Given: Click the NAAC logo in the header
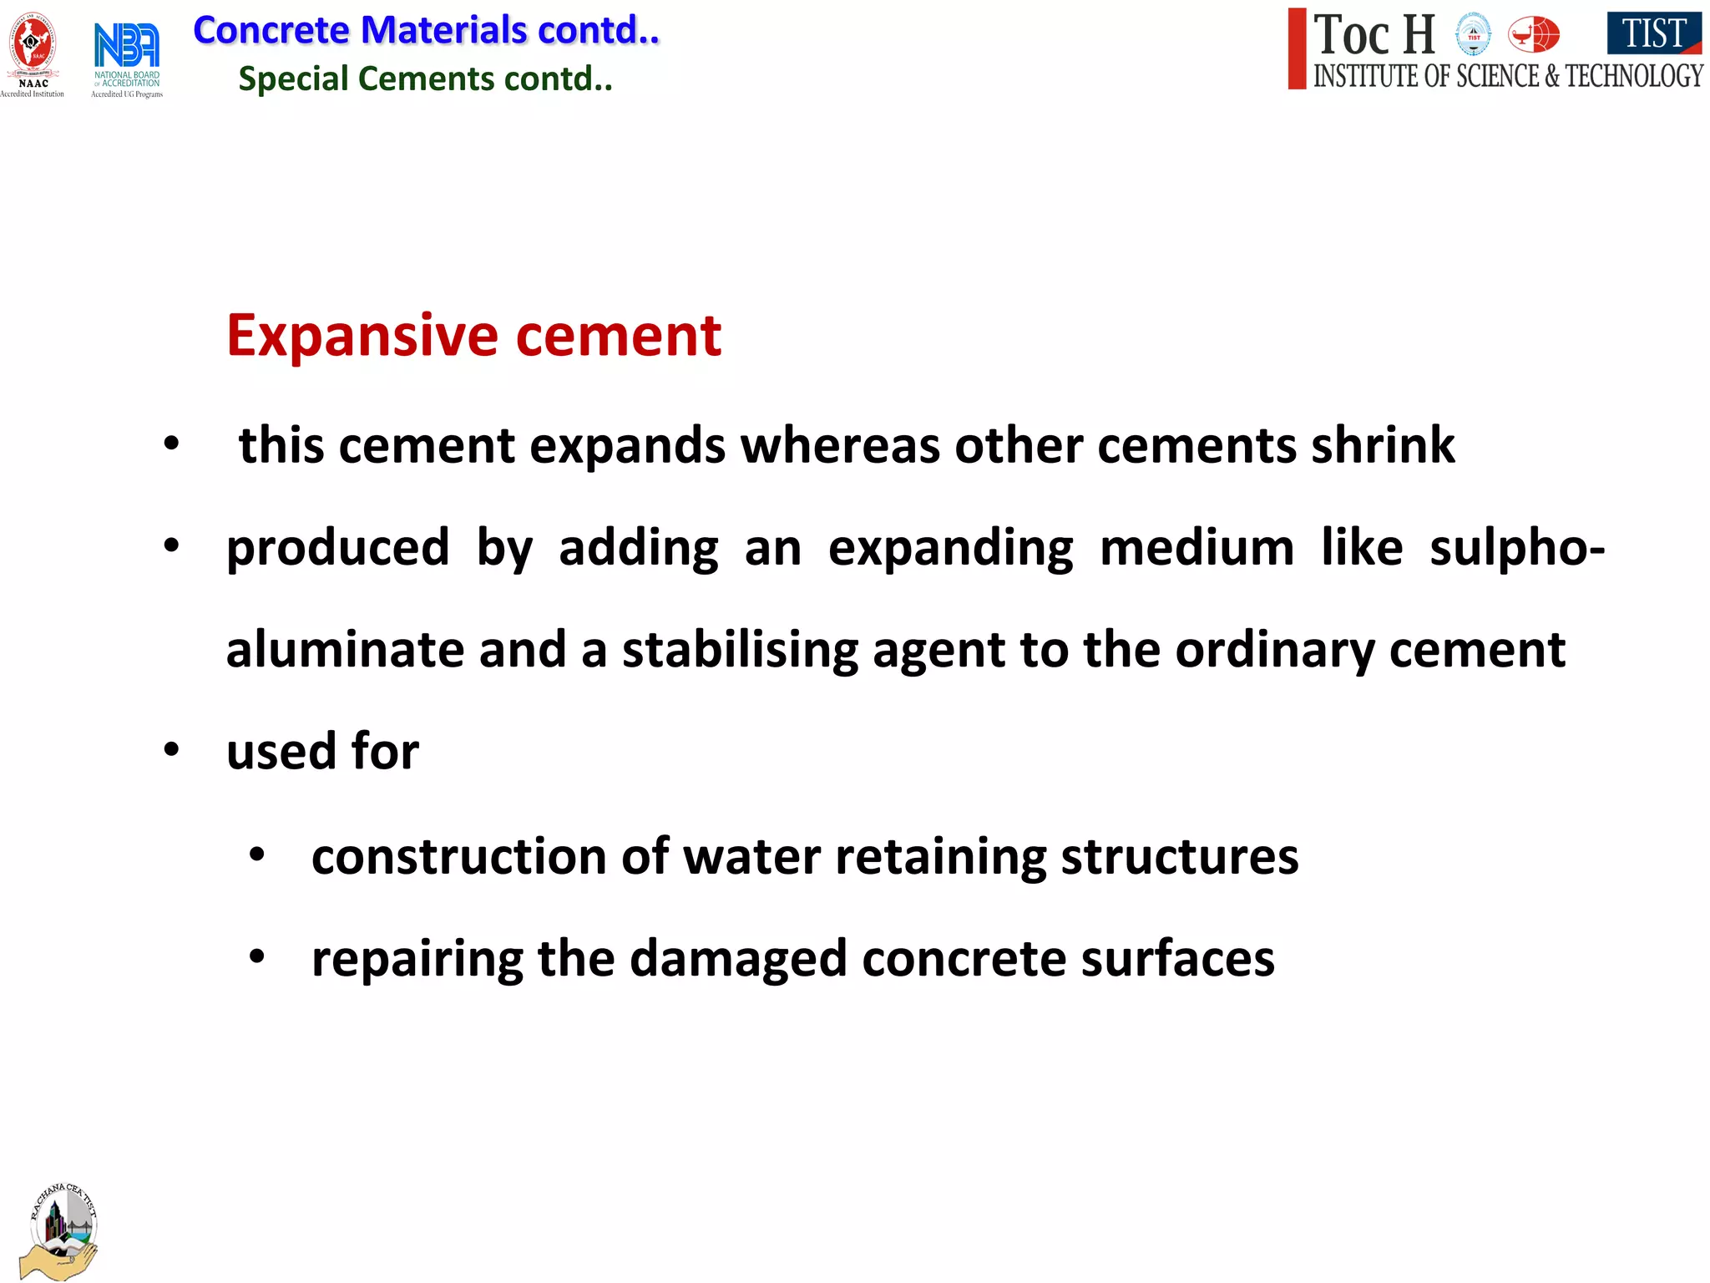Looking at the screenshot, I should tap(33, 52).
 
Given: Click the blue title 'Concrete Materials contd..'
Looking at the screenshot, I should tap(426, 31).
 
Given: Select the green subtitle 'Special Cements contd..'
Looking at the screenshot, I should tap(425, 79).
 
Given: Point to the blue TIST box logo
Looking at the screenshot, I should tap(1653, 33).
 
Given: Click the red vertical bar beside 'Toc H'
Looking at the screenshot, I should tap(1297, 48).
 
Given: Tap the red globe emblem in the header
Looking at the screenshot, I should tap(1534, 35).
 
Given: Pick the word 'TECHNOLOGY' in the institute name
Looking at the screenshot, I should tap(1633, 76).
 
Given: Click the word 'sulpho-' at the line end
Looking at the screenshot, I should tap(1516, 548).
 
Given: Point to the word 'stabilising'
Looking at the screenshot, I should tap(740, 650).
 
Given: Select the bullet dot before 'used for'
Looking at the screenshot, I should tap(172, 749).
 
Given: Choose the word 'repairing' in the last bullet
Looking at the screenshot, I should tap(417, 959).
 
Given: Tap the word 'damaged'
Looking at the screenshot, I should tap(738, 959).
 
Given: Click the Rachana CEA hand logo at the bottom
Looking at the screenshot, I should tap(61, 1231).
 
